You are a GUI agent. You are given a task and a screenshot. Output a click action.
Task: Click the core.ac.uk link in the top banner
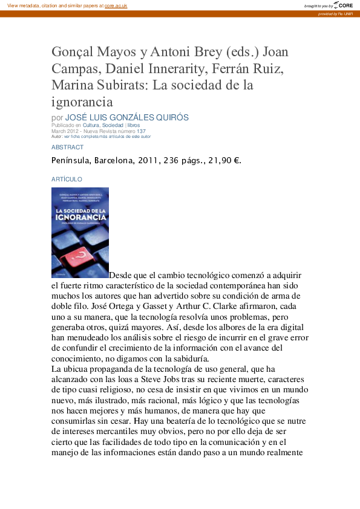[x=116, y=5]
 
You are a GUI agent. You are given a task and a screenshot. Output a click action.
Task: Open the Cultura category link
[x=91, y=125]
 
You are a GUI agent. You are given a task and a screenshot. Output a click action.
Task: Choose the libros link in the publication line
[x=133, y=125]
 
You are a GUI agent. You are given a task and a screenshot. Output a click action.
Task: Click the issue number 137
[x=141, y=131]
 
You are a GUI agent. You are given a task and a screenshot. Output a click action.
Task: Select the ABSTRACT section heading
[x=67, y=147]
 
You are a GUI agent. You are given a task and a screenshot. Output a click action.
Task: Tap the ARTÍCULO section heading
[x=67, y=180]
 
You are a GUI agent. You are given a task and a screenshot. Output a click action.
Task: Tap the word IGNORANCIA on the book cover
[x=80, y=216]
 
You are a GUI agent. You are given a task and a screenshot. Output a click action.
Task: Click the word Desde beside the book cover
[x=122, y=275]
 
